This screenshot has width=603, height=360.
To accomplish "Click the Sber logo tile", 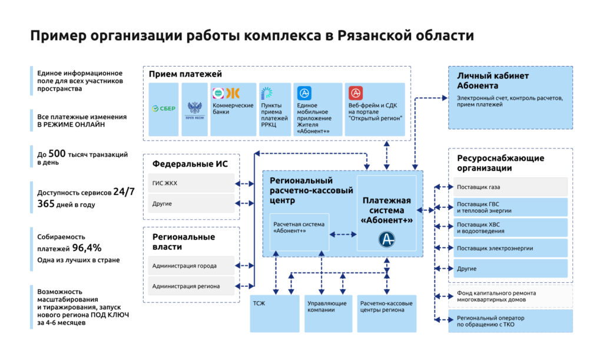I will pos(164,109).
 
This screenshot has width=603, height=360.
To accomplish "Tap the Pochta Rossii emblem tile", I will pos(194,109).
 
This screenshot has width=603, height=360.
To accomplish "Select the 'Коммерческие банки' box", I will pos(234,109).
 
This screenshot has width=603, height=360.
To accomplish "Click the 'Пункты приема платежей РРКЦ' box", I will pos(275,109).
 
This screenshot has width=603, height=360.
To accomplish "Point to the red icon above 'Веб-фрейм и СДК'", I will pos(356,93).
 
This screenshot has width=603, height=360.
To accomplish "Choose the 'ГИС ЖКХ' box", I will pos(192,183).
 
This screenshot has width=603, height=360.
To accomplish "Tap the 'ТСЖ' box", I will pos(274,313).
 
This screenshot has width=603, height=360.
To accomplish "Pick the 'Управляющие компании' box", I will pos(329,313).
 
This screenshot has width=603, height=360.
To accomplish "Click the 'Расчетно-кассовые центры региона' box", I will pos(386,313).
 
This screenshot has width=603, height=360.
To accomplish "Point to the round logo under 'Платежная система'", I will pos(386,239).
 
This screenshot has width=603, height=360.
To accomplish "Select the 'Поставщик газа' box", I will pos(511,187).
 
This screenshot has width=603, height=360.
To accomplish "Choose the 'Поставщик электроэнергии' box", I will pos(511,248).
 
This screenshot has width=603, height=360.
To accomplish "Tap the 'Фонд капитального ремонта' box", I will pos(511,296).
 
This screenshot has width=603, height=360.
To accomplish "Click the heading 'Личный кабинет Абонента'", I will pos(493,80).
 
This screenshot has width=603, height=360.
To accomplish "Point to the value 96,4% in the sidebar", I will pos(87,248).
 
